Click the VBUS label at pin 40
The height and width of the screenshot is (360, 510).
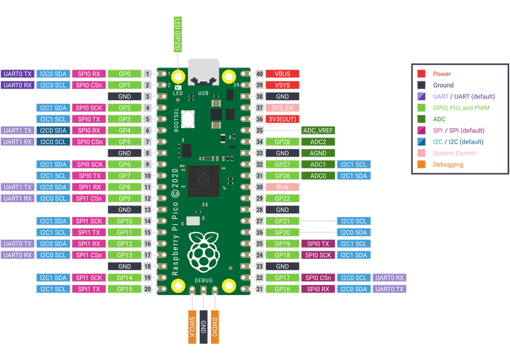[x=282, y=74]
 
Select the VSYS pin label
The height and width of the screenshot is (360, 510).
[x=282, y=85]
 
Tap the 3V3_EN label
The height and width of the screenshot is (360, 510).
[x=282, y=108]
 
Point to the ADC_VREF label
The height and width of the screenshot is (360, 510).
[x=318, y=131]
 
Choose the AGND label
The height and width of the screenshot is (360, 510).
[x=318, y=153]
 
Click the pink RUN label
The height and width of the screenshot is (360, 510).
[x=282, y=187]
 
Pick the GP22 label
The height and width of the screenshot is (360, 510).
[x=282, y=198]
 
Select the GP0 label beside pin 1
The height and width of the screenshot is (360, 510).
[x=125, y=74]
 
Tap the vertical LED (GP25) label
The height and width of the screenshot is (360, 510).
[x=177, y=34]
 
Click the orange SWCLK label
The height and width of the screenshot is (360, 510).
[x=192, y=327]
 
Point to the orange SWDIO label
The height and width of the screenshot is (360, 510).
[x=215, y=327]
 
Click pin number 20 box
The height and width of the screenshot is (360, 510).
[x=148, y=289]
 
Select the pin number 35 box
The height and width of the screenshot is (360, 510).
[x=260, y=131]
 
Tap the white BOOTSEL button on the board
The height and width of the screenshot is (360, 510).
[x=188, y=119]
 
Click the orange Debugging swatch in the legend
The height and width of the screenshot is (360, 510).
[x=421, y=164]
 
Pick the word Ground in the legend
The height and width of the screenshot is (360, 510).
[x=443, y=85]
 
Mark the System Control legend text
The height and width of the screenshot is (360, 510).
[x=454, y=153]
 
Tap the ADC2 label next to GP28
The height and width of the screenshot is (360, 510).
[x=318, y=142]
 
